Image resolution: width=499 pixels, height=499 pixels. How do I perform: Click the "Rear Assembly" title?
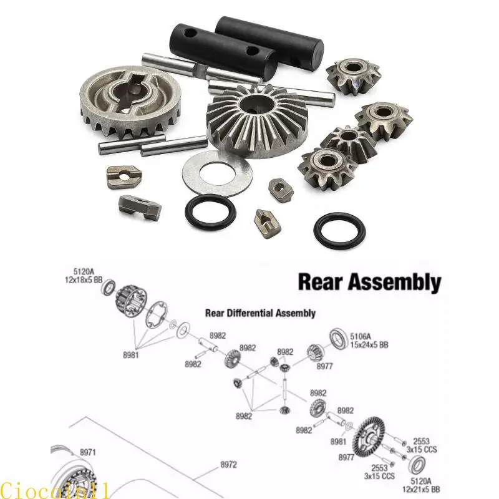click(369, 283)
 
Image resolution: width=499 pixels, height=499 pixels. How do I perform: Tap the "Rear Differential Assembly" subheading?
click(260, 313)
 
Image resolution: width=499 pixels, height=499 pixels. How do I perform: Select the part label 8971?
click(87, 452)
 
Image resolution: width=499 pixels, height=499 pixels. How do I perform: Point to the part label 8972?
click(229, 465)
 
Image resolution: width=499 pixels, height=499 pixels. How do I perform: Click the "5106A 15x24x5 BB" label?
click(369, 340)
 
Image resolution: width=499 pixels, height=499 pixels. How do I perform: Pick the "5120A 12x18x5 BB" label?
click(84, 276)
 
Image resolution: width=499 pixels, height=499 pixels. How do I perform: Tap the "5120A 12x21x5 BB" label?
click(421, 485)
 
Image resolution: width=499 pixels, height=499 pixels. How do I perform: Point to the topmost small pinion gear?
click(353, 75)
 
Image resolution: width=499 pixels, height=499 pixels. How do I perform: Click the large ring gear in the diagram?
click(369, 438)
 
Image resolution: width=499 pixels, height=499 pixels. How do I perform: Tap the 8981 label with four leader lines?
click(131, 355)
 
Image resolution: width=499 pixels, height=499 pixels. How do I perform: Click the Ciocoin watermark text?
click(55, 490)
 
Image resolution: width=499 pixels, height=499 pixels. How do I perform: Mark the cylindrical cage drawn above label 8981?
click(130, 301)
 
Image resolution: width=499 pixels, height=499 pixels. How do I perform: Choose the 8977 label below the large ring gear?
click(347, 457)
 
